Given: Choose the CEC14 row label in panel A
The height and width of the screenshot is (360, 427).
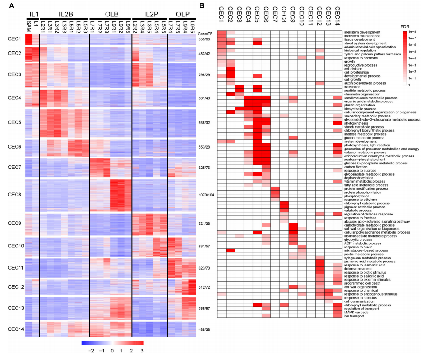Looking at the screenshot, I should pos(13,329).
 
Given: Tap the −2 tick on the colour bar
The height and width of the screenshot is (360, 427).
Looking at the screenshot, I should pos(91,351).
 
